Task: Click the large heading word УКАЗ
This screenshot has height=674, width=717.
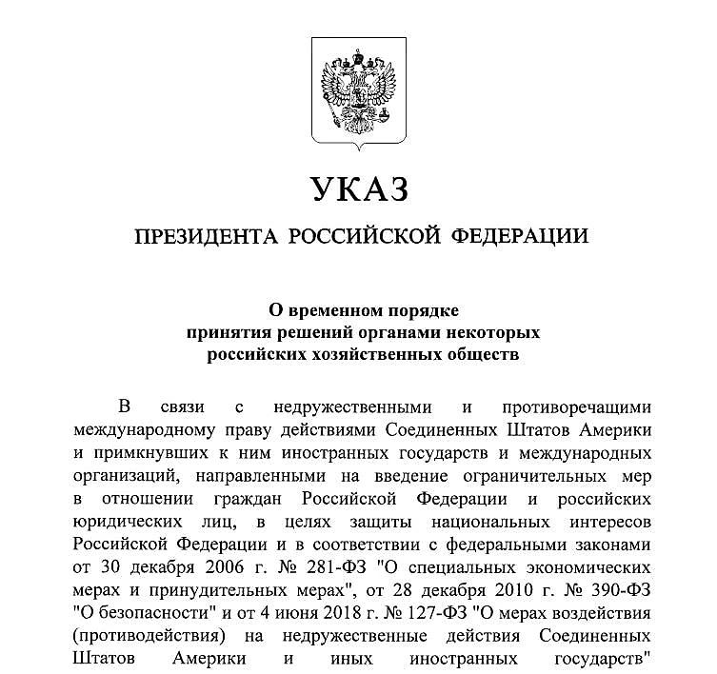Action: [x=359, y=188]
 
